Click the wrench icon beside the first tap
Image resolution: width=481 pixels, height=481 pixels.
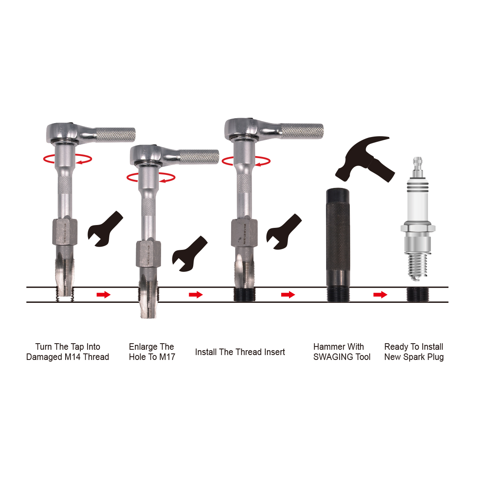(x=105, y=229)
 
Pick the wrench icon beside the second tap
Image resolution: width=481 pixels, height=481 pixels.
(x=189, y=253)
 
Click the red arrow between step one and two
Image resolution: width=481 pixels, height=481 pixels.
(x=104, y=294)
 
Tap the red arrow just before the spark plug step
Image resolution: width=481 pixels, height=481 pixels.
(x=380, y=294)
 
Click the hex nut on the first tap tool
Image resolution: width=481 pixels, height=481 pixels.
(x=64, y=232)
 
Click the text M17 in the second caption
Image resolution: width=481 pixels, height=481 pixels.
(x=167, y=357)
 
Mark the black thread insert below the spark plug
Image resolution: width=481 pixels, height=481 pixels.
(x=417, y=294)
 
